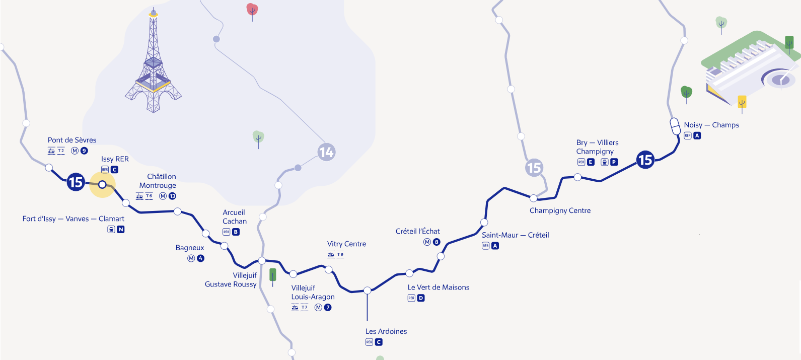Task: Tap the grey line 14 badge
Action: tap(326, 152)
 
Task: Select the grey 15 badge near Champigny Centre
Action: tap(534, 168)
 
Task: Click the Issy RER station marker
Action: tap(102, 184)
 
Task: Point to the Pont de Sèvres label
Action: tap(72, 140)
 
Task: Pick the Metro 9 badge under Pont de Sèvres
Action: tap(84, 151)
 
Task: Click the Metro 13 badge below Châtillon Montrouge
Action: tap(172, 196)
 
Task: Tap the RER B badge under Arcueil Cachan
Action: tap(236, 232)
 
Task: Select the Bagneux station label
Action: tap(190, 248)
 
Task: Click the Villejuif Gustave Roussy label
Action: tap(231, 280)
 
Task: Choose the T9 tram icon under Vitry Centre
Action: tap(340, 255)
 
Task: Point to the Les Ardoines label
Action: tap(386, 331)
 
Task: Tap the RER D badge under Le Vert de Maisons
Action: tap(421, 298)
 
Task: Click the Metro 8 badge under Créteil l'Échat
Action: tap(436, 242)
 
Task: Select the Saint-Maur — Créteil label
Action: tap(515, 235)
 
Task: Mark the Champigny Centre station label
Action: tap(560, 210)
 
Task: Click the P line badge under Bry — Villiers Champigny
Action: tap(614, 162)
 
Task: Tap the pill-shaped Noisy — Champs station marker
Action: tap(675, 126)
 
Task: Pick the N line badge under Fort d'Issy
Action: tap(121, 230)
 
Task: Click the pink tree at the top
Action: tap(252, 10)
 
